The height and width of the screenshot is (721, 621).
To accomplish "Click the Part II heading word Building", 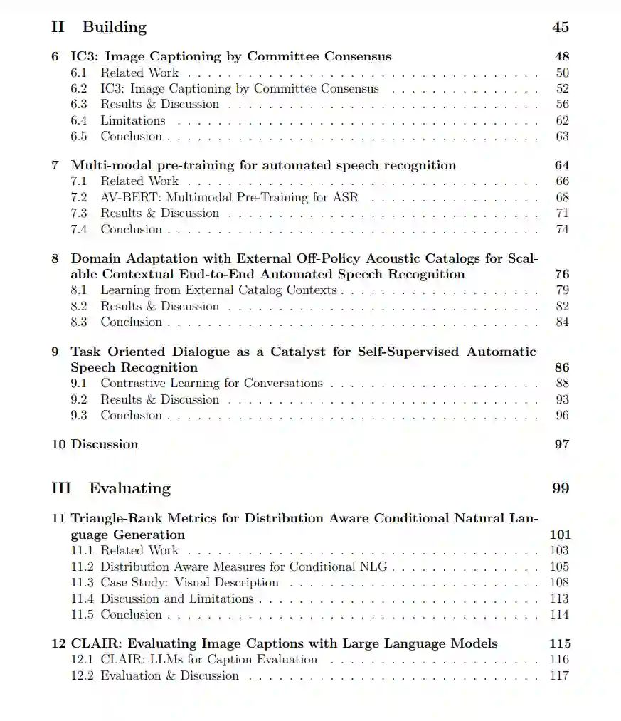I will [114, 27].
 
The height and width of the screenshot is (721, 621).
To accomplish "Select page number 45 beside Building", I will [560, 27].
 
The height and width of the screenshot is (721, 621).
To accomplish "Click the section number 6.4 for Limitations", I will [79, 120].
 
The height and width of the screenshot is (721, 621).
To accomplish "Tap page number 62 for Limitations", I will [562, 120].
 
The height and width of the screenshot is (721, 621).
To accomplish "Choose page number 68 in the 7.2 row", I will [562, 197].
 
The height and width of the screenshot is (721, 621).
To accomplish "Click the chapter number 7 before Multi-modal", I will [55, 165].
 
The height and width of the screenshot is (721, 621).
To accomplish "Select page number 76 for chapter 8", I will [561, 274].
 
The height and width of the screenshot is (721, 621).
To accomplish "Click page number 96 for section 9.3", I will [562, 415].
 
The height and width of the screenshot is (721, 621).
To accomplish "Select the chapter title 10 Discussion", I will [95, 444].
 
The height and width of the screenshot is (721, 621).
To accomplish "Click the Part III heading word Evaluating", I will [129, 488].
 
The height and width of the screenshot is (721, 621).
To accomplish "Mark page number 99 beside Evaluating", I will [560, 488].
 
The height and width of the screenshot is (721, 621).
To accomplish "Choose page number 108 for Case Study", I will [559, 582].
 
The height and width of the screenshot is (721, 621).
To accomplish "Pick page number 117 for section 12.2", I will [559, 675].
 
